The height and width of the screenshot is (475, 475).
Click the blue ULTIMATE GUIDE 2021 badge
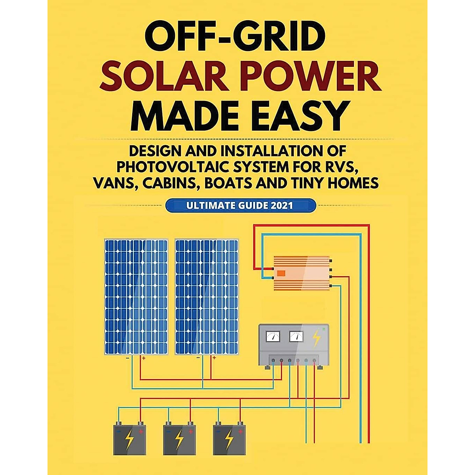pyautogui.click(x=240, y=206)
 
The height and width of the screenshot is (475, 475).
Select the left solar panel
pyautogui.click(x=136, y=297)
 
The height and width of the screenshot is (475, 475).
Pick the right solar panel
pyautogui.click(x=207, y=297)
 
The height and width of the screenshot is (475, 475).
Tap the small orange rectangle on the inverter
pyautogui.click(x=281, y=273)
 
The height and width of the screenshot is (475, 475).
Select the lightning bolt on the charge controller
pyautogui.click(x=317, y=338)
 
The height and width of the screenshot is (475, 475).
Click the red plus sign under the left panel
pyautogui.click(x=143, y=358)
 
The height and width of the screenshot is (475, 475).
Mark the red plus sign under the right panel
pyautogui.click(x=214, y=358)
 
